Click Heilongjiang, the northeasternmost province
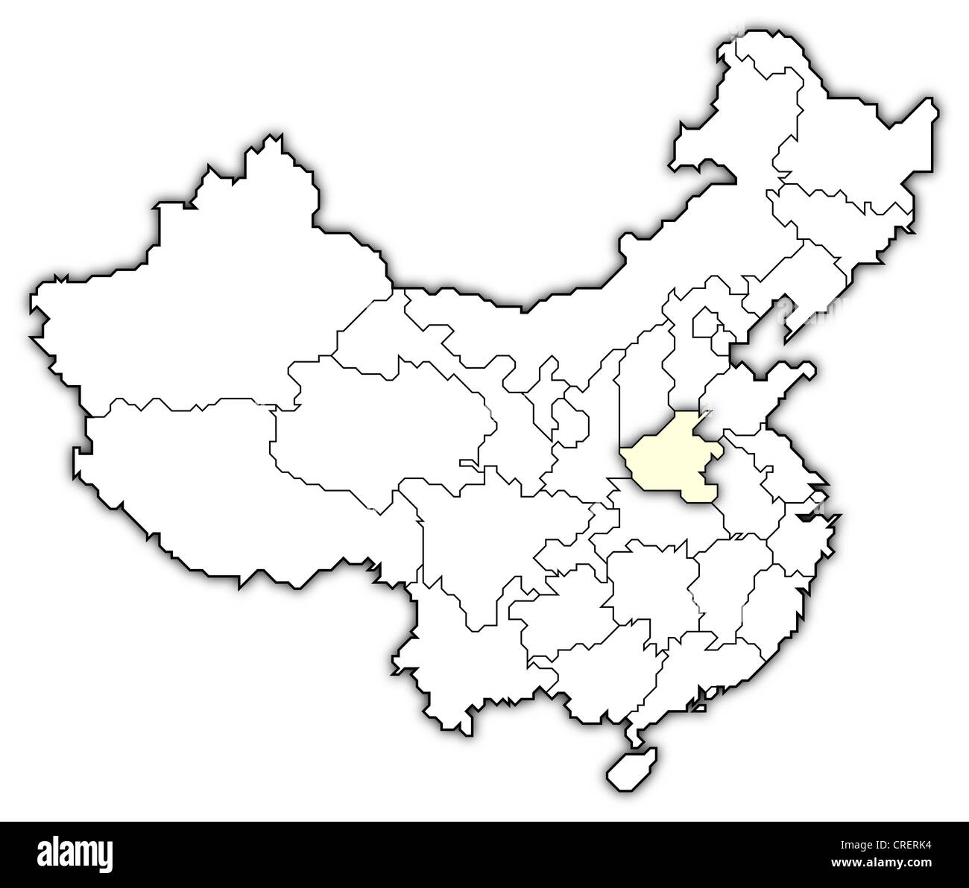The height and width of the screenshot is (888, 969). pyautogui.click(x=842, y=149)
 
